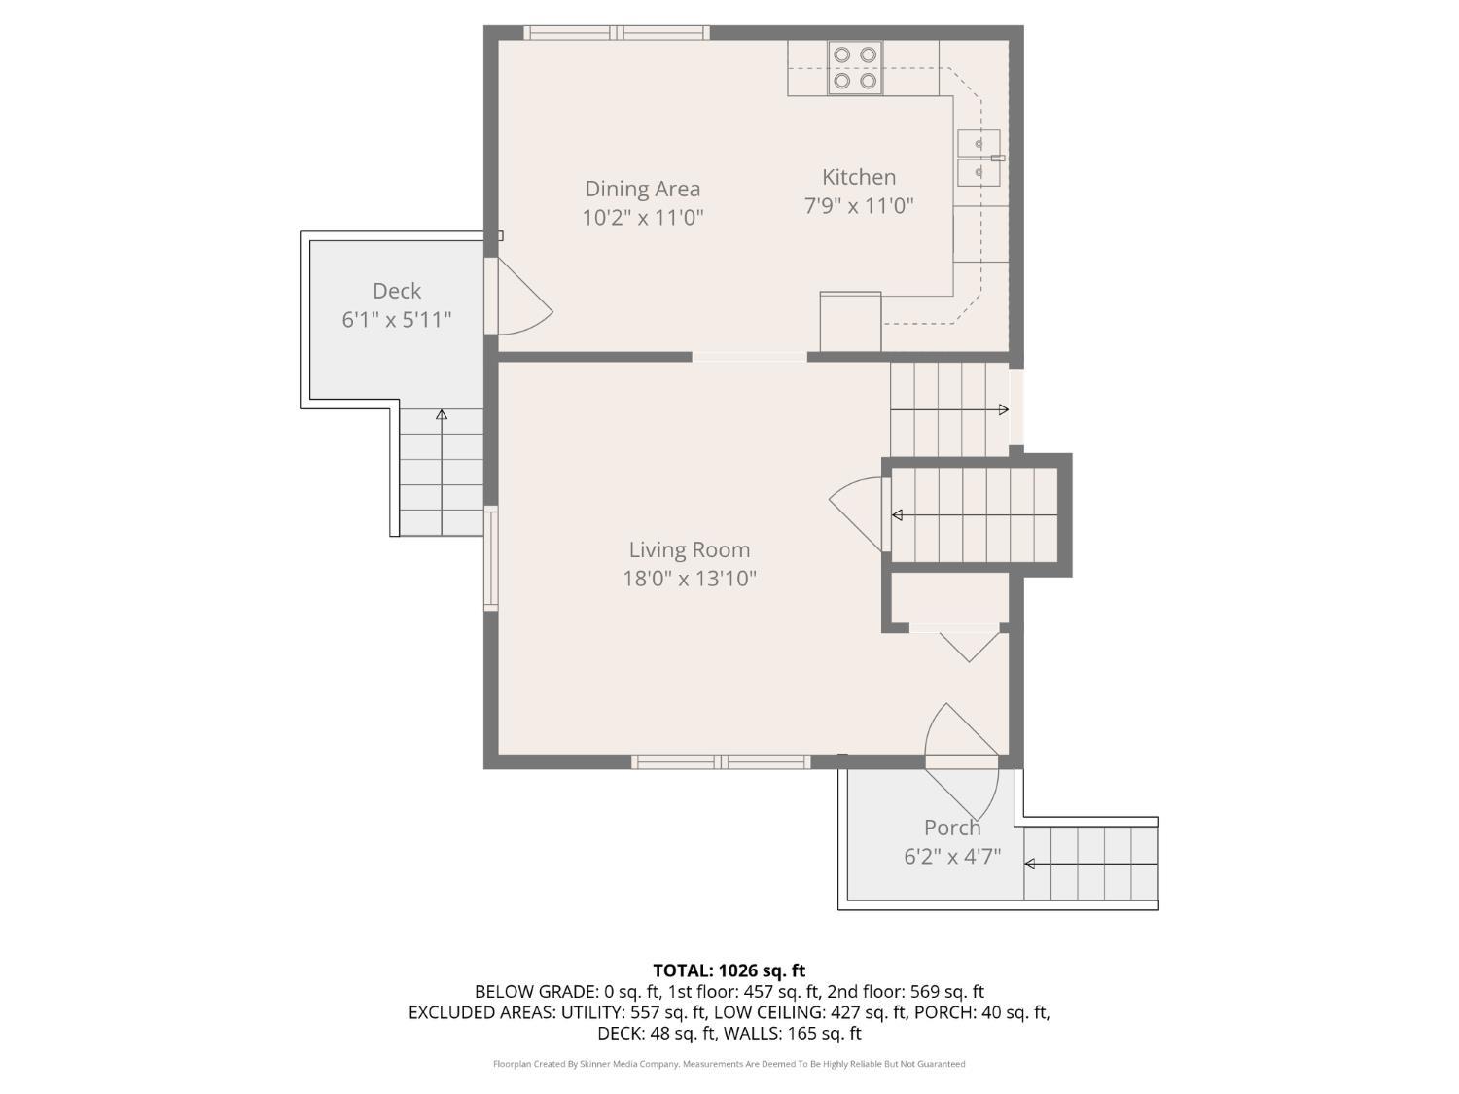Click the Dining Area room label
642,189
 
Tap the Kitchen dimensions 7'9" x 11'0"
858,206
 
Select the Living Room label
689,550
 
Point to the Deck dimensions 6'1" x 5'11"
396,319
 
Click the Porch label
951,828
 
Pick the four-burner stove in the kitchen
855,68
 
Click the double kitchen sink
979,158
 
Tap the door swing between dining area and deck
520,297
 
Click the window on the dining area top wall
617,33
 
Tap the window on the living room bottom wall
721,761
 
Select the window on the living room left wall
491,558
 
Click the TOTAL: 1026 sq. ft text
729,970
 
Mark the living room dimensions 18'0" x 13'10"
689,580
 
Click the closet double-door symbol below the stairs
968,644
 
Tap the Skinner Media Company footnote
729,1064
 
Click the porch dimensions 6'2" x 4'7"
951,857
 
